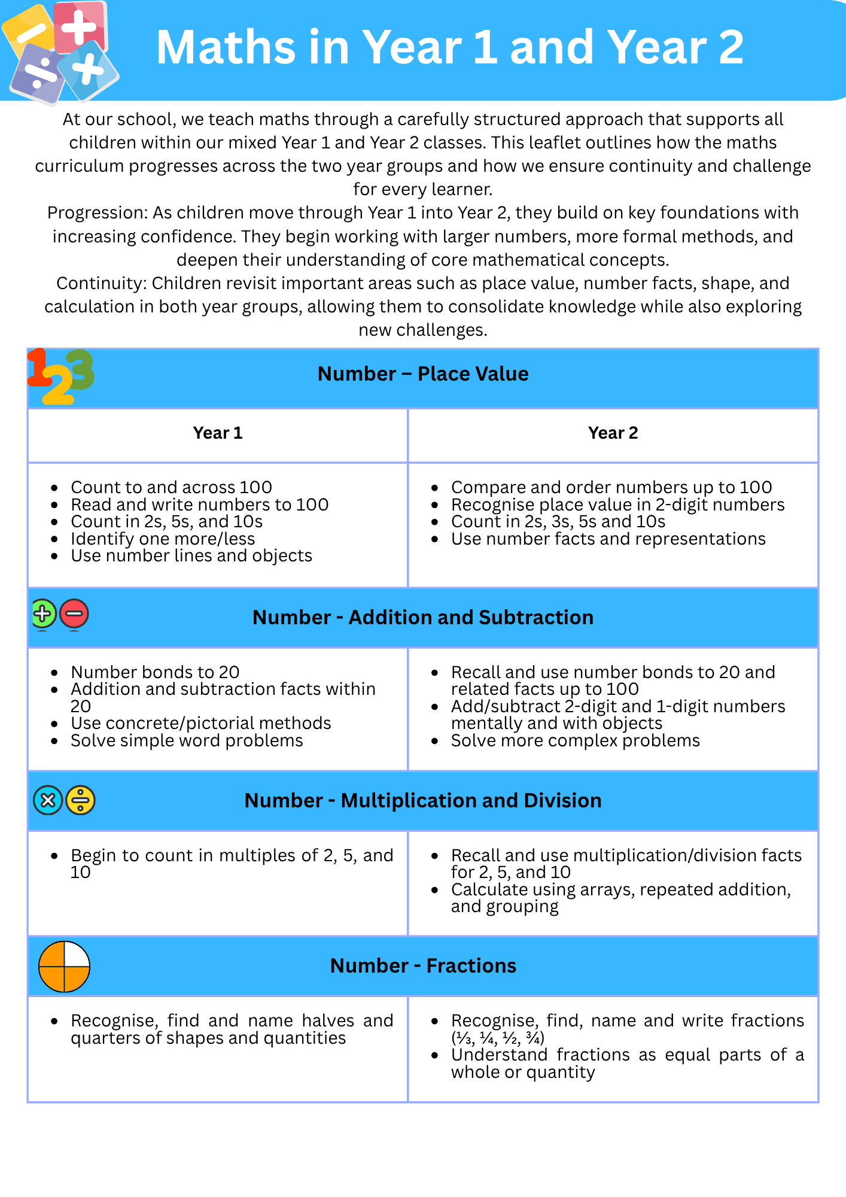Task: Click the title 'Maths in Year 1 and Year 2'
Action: pyautogui.click(x=449, y=47)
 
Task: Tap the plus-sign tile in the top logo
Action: pyautogui.click(x=80, y=27)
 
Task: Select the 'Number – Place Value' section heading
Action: pyautogui.click(x=423, y=374)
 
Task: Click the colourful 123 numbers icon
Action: pyautogui.click(x=60, y=376)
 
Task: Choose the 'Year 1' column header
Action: pyautogui.click(x=218, y=433)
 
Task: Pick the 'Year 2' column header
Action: pyautogui.click(x=613, y=433)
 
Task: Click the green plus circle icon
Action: pyautogui.click(x=43, y=614)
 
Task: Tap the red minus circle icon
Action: pyautogui.click(x=74, y=614)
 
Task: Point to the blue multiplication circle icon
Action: pyautogui.click(x=48, y=800)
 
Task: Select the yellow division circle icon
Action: pyautogui.click(x=81, y=800)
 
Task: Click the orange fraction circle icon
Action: pyautogui.click(x=64, y=967)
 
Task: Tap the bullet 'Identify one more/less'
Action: pyautogui.click(x=163, y=539)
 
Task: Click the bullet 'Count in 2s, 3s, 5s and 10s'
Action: pyautogui.click(x=558, y=522)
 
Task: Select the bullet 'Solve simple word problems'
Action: pyautogui.click(x=187, y=741)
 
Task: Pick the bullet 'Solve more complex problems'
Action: pyautogui.click(x=575, y=741)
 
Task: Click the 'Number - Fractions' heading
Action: pyautogui.click(x=423, y=966)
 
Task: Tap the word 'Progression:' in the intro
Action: pyautogui.click(x=98, y=213)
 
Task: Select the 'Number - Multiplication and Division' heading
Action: pyautogui.click(x=423, y=801)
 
